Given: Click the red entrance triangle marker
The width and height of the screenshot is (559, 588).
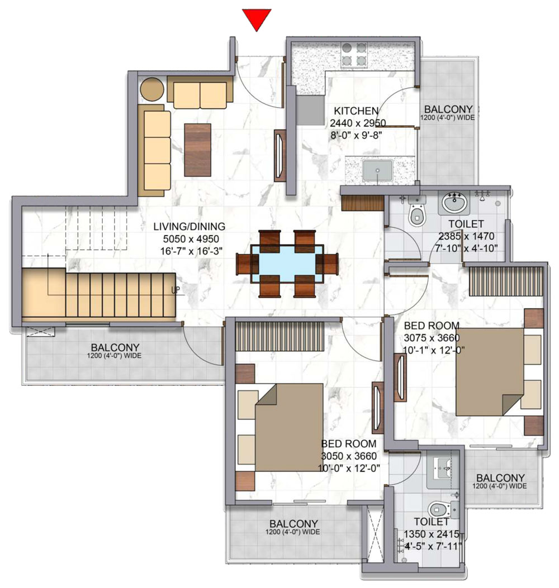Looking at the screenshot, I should click(256, 18).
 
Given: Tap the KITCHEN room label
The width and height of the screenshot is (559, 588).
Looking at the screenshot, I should click(356, 111).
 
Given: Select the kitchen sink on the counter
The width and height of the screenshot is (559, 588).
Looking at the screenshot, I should click(377, 170).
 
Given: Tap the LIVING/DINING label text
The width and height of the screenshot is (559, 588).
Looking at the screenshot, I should click(190, 227).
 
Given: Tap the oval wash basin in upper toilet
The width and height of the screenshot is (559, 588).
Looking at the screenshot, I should click(455, 203).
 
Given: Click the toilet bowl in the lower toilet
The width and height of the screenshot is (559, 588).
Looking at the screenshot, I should click(439, 510).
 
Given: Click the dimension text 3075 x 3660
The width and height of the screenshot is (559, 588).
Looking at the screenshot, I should click(432, 338).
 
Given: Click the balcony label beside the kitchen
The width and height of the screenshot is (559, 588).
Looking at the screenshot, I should click(448, 109).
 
